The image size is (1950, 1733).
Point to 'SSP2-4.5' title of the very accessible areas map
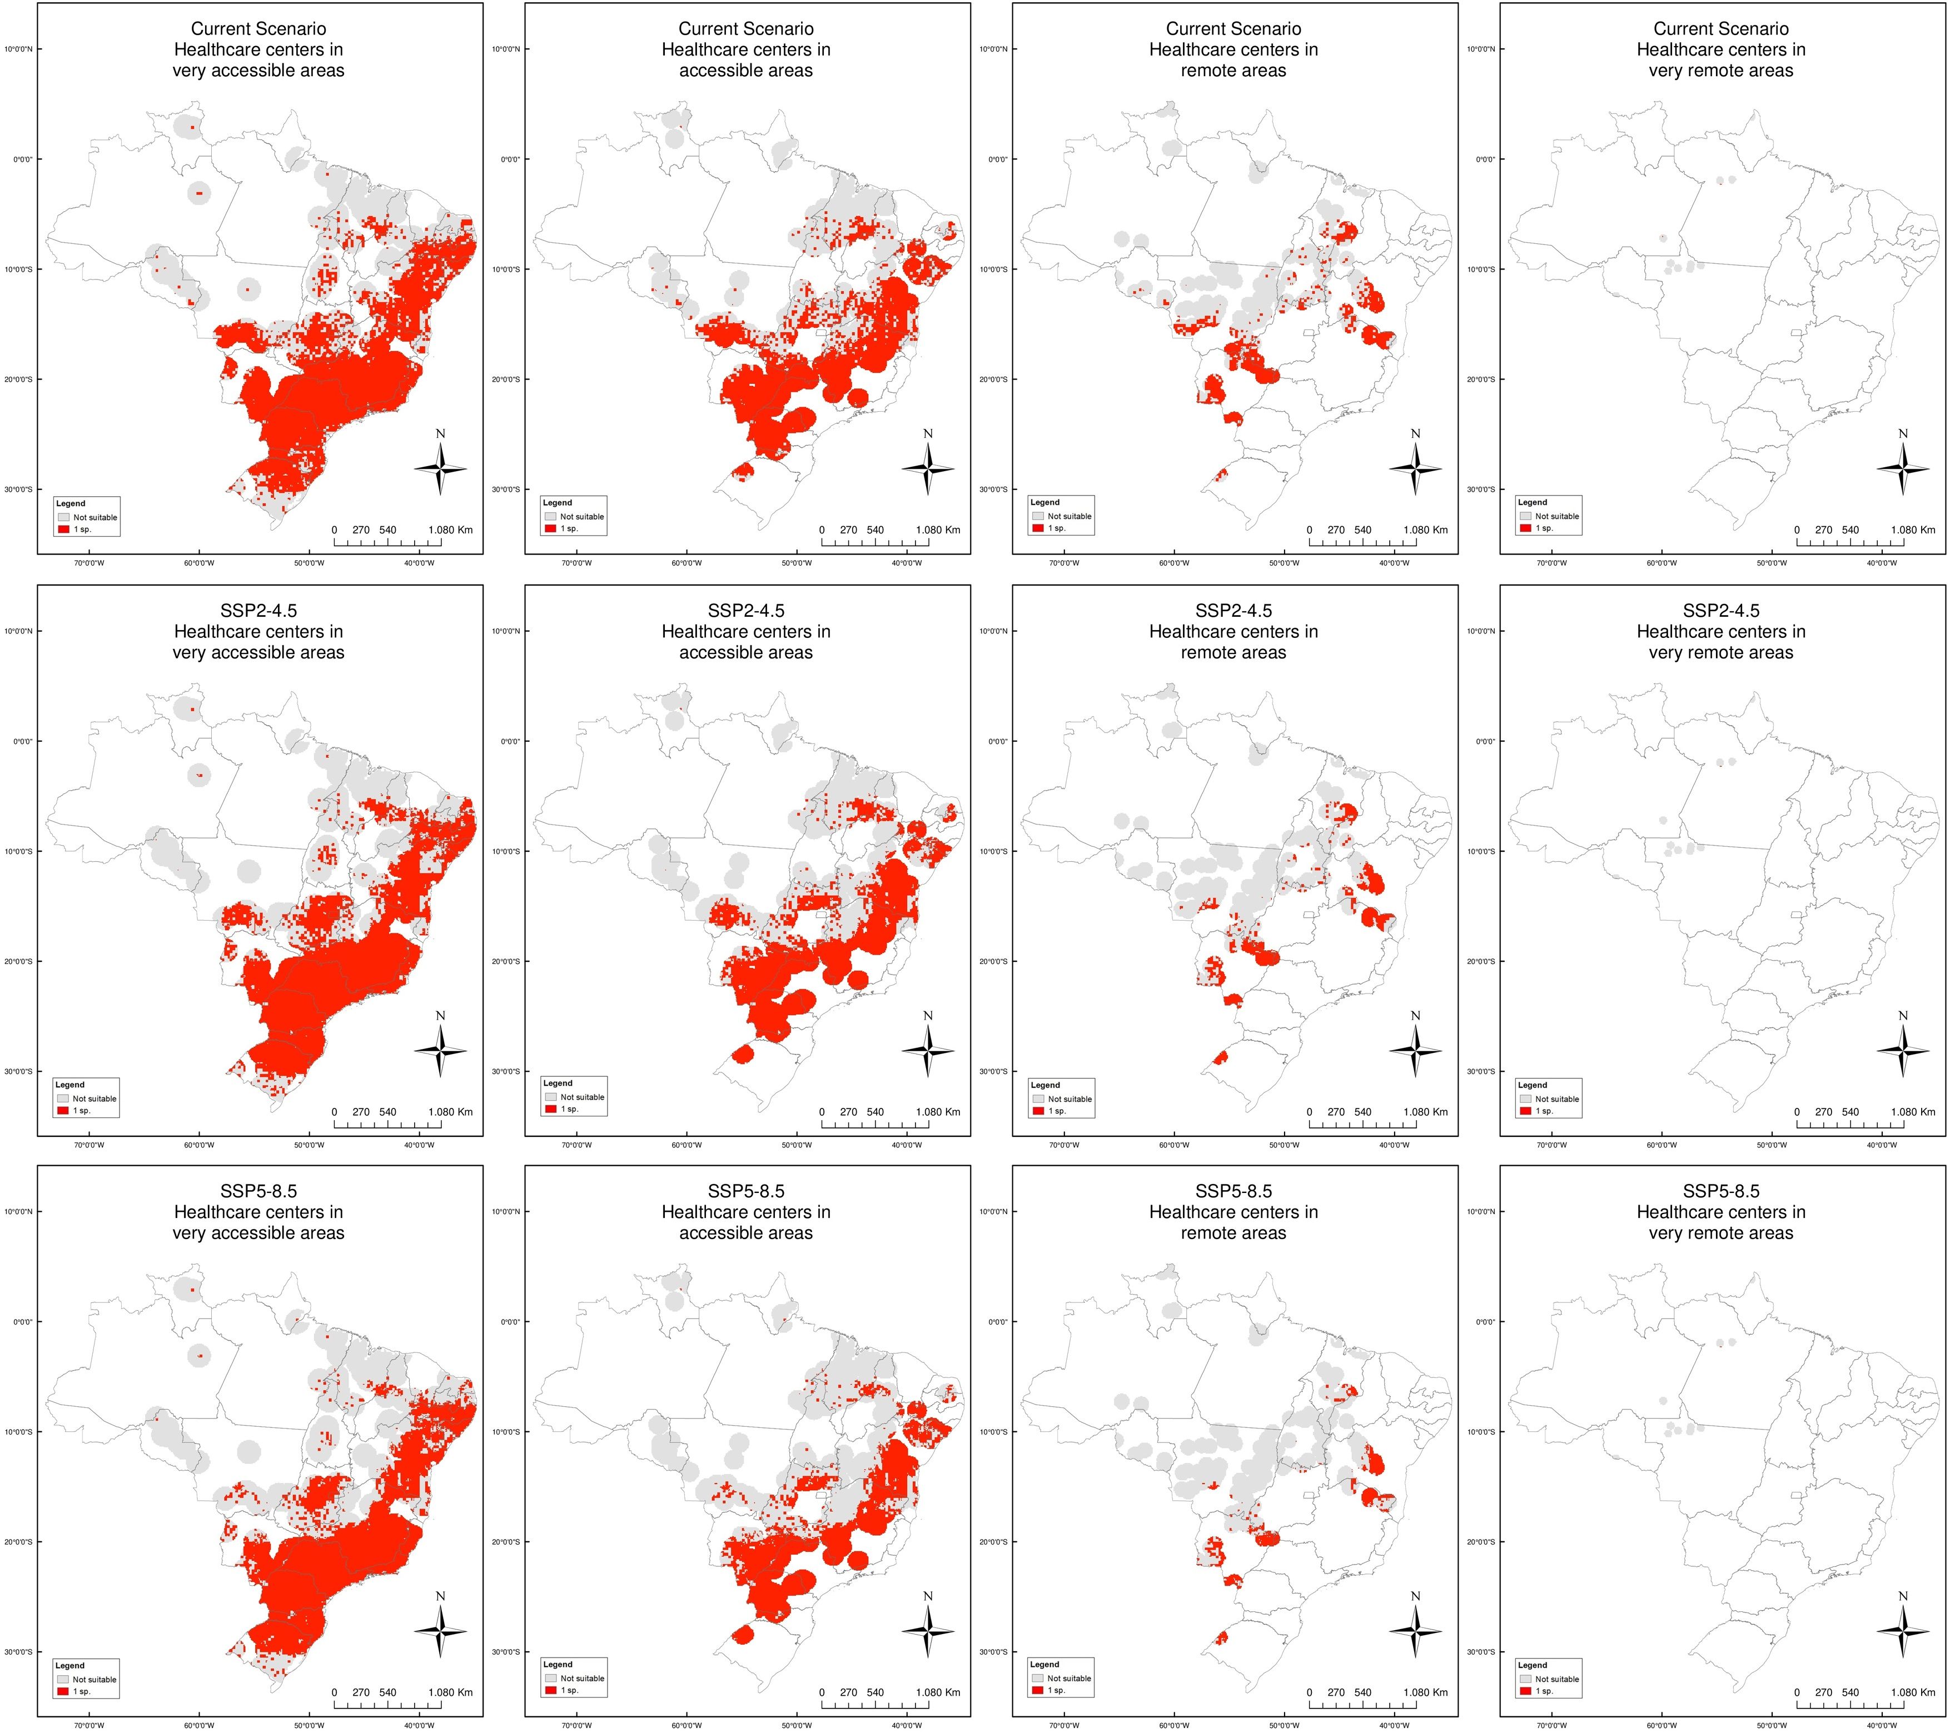(258, 611)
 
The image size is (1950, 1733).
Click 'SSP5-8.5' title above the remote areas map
(1233, 1191)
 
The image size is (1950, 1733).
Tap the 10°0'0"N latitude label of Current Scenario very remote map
(1481, 49)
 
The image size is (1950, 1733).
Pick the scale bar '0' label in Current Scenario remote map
(1310, 530)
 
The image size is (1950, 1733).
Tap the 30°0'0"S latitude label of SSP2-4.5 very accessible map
(18, 1071)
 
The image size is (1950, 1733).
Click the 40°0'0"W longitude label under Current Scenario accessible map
(906, 563)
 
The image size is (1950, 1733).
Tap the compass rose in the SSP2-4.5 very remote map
(1903, 1050)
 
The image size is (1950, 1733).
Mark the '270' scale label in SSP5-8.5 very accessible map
(361, 1692)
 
